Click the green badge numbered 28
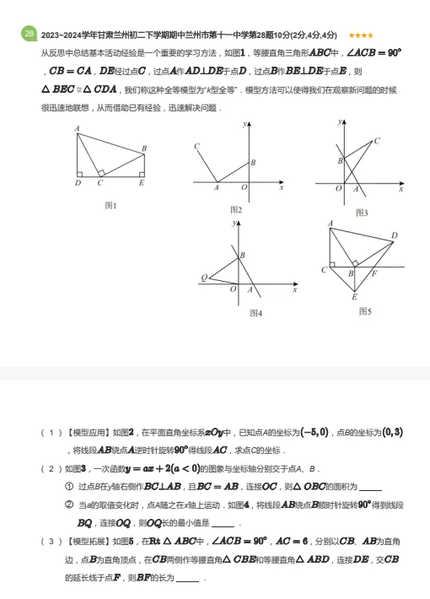(x=29, y=34)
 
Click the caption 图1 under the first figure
(x=110, y=205)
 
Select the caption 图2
(x=236, y=209)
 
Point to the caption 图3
(x=362, y=212)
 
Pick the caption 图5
(x=365, y=311)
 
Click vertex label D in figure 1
(x=77, y=182)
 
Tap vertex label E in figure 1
(x=141, y=182)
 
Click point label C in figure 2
(x=196, y=147)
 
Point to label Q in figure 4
(x=203, y=278)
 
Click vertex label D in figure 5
(x=394, y=235)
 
